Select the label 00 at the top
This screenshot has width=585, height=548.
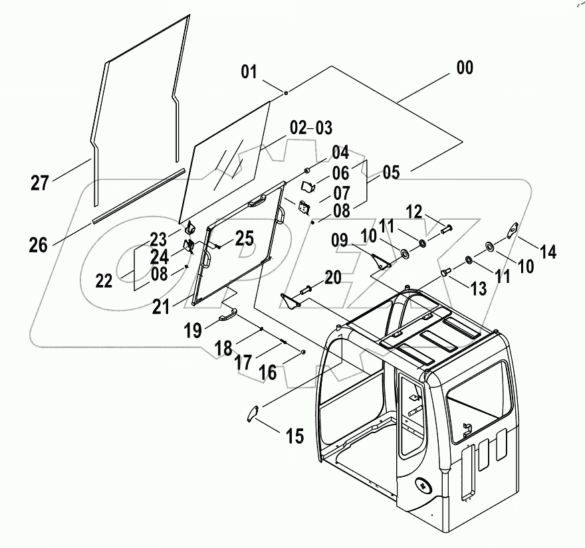pyautogui.click(x=465, y=68)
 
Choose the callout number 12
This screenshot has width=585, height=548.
pyautogui.click(x=413, y=212)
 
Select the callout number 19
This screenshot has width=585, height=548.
pyautogui.click(x=193, y=329)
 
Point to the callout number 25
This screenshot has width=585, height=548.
pyautogui.click(x=244, y=238)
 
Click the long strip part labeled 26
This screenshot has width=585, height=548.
pyautogui.click(x=138, y=196)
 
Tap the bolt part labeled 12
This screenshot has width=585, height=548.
pyautogui.click(x=445, y=229)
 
